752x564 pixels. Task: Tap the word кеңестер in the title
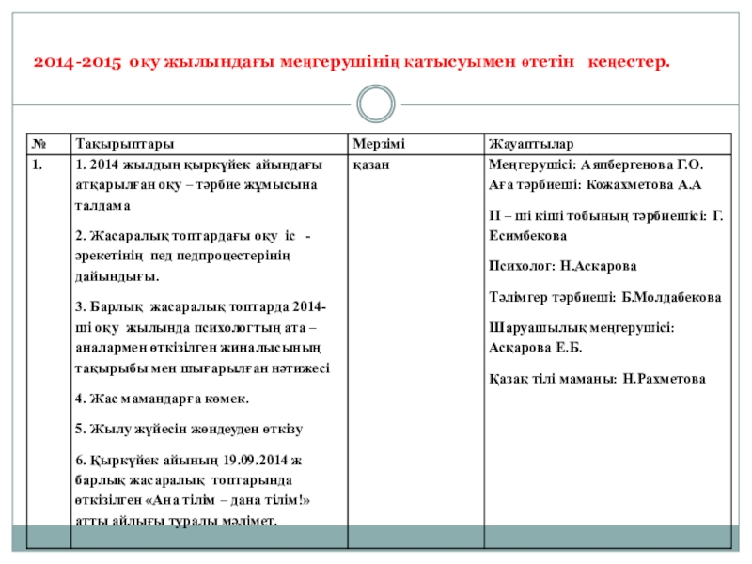[629, 63]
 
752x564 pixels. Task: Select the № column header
[39, 144]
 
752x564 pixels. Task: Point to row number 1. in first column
[36, 164]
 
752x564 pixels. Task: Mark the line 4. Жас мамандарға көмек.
[162, 399]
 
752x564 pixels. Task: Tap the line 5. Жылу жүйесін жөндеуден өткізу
[188, 430]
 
